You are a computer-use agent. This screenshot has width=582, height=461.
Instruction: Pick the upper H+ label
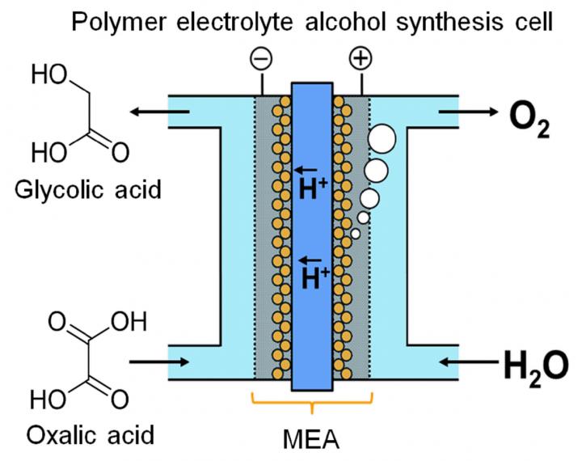[314, 187]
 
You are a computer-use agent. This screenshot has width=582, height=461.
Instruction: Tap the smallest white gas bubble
[356, 234]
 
